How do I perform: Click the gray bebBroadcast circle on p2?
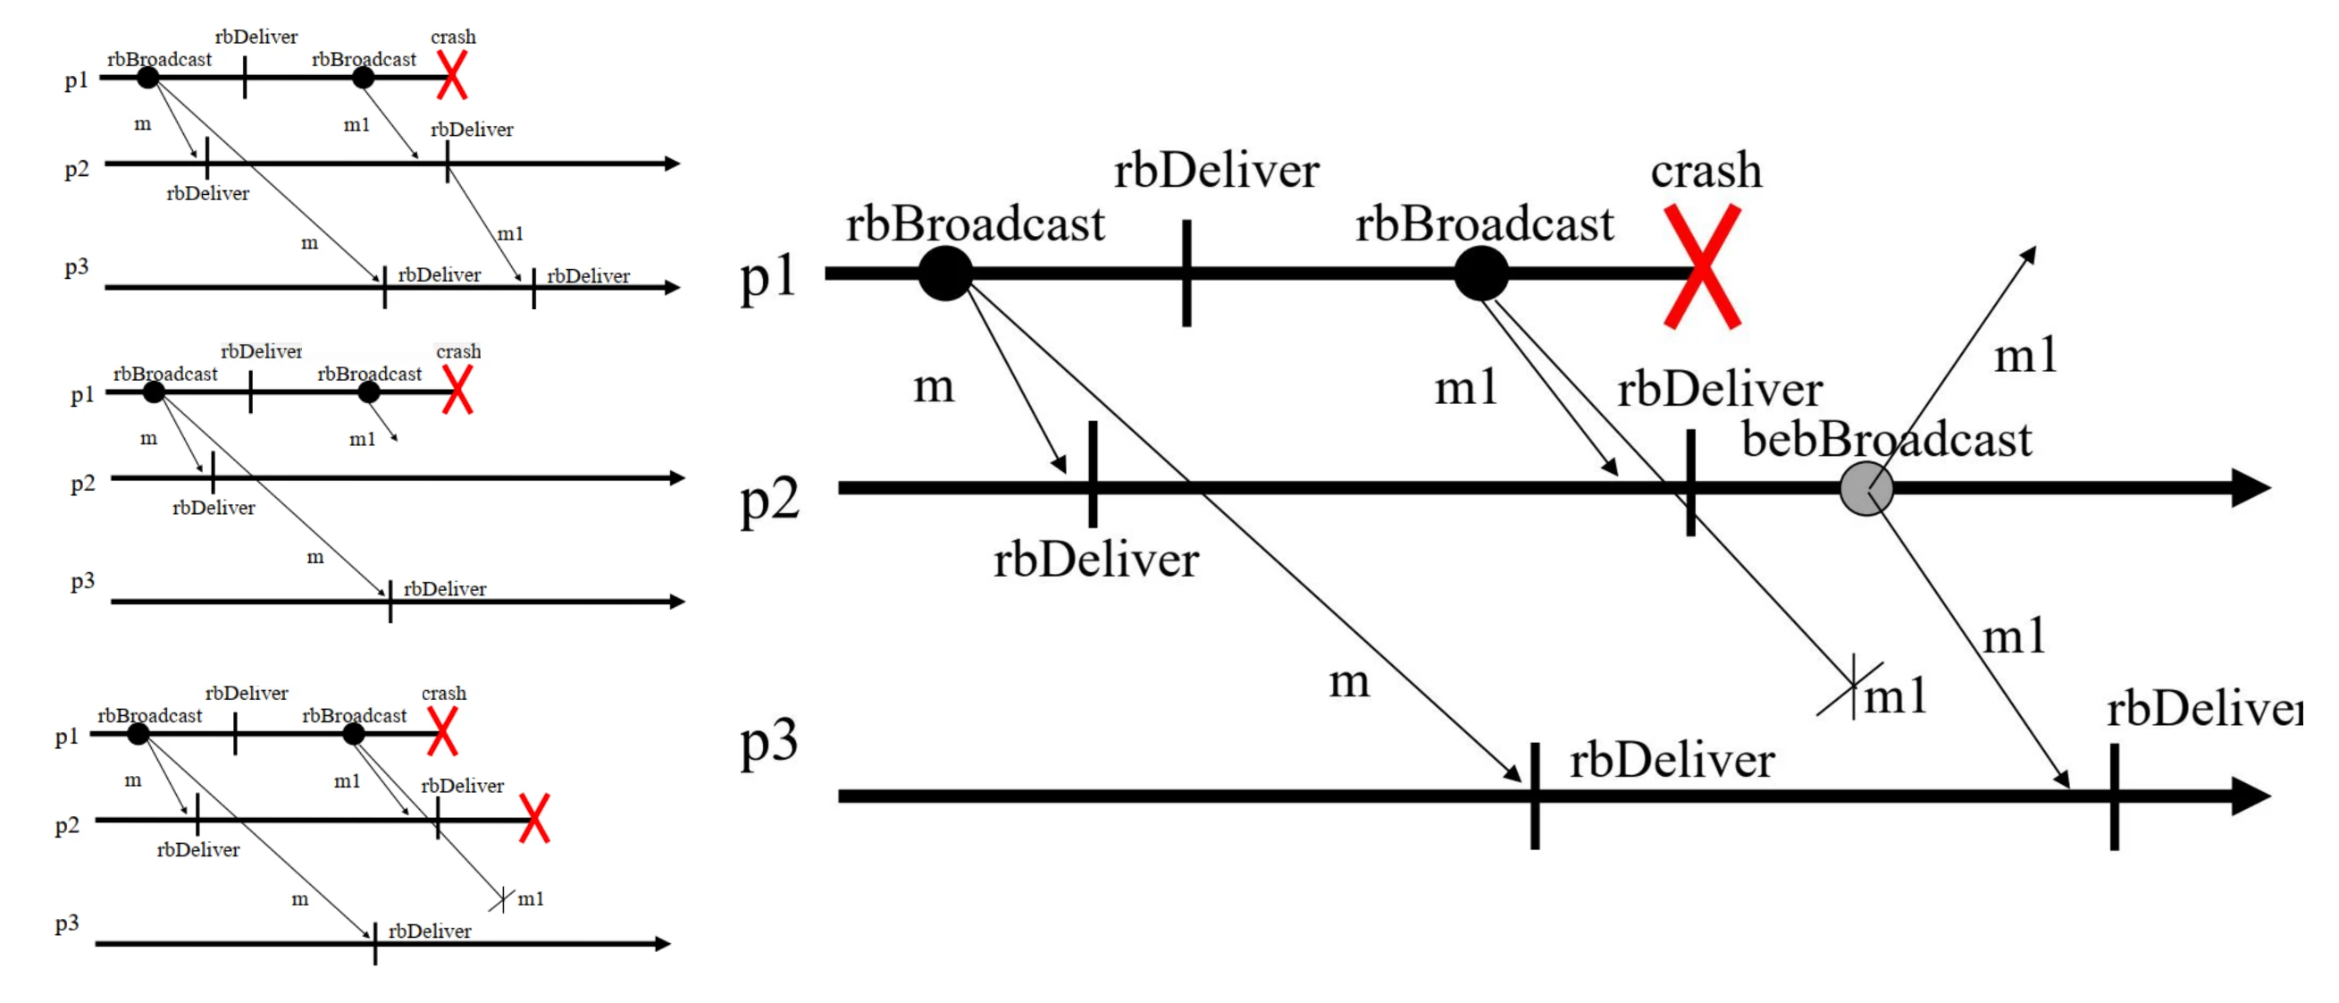point(1866,489)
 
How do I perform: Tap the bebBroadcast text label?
point(1886,440)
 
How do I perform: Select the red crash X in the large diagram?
point(1703,266)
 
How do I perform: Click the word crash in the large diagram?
point(1706,171)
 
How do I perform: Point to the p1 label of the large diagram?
point(767,277)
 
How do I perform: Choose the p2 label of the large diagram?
point(769,499)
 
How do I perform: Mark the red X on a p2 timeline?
point(534,819)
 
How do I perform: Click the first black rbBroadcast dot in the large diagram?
point(945,273)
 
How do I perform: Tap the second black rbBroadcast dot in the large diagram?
point(1481,273)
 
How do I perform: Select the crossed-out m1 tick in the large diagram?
point(1852,687)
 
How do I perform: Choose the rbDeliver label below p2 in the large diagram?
point(1096,560)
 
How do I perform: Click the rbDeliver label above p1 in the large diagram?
point(1217,171)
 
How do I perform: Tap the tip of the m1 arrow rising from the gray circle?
point(2034,248)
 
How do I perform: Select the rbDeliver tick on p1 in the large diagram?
point(1186,273)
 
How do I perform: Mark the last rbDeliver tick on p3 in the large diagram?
point(2115,796)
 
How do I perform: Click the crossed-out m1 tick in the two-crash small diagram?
point(502,899)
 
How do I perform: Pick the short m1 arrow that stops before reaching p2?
point(384,422)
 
